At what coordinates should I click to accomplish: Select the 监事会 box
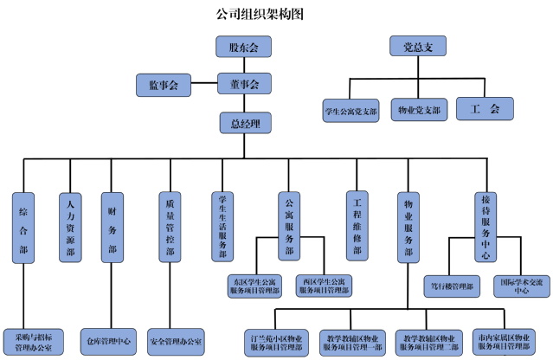(x=164, y=85)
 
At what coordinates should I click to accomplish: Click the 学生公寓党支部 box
(x=350, y=110)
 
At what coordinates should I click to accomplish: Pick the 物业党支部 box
(x=418, y=110)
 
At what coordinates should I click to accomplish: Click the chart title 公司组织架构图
(x=259, y=15)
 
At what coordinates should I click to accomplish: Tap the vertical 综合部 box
(x=24, y=226)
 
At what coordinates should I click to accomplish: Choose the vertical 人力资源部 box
(x=69, y=226)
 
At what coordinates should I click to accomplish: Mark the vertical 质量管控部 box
(x=170, y=226)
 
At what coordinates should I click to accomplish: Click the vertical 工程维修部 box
(x=355, y=226)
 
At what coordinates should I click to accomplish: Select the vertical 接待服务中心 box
(x=485, y=226)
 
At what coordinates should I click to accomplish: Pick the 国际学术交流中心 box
(x=521, y=286)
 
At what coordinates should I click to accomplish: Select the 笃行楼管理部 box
(x=454, y=286)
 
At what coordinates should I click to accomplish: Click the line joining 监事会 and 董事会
(x=203, y=85)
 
